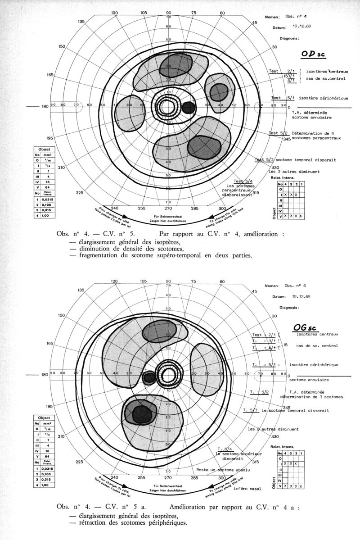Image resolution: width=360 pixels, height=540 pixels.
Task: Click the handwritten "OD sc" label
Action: point(312,54)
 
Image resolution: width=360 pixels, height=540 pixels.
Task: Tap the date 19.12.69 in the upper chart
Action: point(302,26)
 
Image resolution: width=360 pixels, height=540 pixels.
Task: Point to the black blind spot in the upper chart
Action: point(189,107)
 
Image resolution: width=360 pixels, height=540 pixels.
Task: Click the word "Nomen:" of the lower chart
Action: point(272,286)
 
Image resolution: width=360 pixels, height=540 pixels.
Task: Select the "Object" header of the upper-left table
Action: point(46,149)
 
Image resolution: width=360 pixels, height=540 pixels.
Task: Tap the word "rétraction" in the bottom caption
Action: point(95,523)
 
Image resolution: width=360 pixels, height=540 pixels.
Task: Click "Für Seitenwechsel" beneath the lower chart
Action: point(168,486)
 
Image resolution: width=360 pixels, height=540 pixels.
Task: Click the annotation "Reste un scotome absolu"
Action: point(221,470)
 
